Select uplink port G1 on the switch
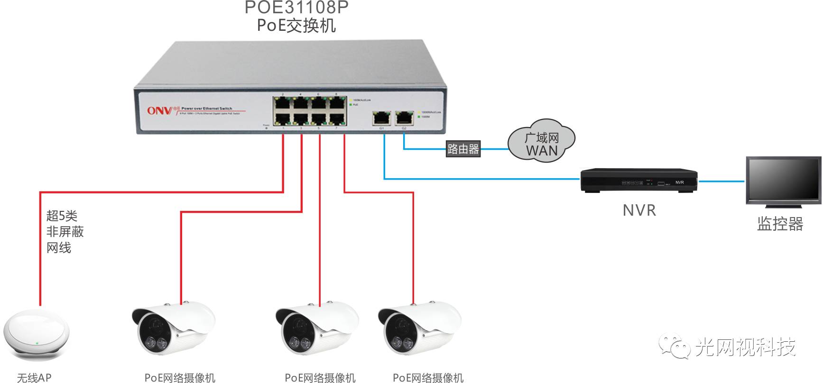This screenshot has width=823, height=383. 380,117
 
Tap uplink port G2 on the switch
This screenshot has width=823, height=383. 403,117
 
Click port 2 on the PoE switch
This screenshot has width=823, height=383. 282,103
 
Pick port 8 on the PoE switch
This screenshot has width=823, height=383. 337,103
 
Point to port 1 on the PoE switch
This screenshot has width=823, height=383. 282,119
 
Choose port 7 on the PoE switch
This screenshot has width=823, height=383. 337,119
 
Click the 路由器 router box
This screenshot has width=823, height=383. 463,149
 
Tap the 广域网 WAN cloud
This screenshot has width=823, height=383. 542,142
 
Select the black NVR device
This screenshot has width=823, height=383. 639,180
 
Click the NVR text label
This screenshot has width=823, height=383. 639,210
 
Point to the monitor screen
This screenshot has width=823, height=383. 783,180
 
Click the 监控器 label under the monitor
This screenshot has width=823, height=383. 780,224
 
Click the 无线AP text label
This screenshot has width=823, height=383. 34,377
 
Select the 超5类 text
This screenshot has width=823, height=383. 62,216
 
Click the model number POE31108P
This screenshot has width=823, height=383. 296,7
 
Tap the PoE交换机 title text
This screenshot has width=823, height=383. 296,25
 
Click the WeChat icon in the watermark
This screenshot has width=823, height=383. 674,347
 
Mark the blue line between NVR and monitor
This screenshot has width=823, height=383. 721,181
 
